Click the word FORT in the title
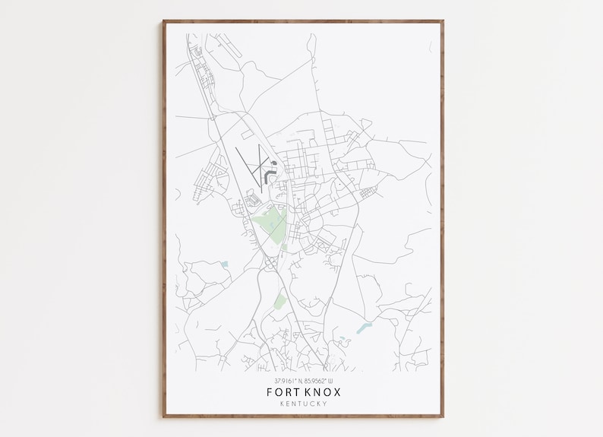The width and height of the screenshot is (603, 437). (x=282, y=392)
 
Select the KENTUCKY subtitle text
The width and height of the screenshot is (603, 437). (x=301, y=404)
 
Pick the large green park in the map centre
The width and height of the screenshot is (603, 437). (x=271, y=226)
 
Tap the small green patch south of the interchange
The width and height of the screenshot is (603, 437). (x=279, y=302)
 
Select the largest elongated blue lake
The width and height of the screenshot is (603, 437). (x=364, y=327)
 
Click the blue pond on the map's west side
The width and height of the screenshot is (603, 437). (x=225, y=264)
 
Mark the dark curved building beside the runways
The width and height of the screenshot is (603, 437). (x=269, y=176)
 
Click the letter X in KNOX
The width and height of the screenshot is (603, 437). (x=337, y=392)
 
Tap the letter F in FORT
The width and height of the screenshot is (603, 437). (x=270, y=392)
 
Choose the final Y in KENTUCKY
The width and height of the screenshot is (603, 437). (x=325, y=404)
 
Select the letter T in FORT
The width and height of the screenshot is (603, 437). (x=295, y=392)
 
